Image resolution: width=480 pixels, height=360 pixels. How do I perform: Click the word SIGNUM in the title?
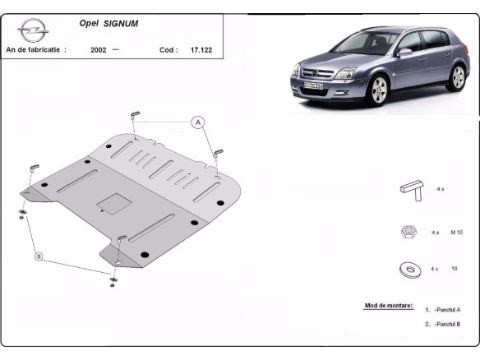coord(121,24)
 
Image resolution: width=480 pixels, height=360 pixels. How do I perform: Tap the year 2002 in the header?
coord(99,50)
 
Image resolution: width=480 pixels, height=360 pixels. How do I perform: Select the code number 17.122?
coord(201,50)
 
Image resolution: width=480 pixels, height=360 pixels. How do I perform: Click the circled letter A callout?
coord(197,123)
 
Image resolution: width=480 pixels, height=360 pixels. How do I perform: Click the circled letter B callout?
coord(38,256)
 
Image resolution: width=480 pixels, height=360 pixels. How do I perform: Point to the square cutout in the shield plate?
coord(110,201)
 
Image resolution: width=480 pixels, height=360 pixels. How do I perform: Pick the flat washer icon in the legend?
coord(408,269)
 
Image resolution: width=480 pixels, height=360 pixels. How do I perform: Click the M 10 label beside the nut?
coord(459,233)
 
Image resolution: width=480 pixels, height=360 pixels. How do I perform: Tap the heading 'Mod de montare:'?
coord(388,306)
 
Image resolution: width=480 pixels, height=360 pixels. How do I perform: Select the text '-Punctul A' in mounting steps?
coord(447,310)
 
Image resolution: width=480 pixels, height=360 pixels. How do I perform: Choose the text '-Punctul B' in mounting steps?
coord(447,325)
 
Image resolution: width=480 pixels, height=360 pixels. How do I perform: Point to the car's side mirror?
coord(404,53)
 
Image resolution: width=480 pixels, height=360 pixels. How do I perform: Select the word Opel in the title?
coord(89,24)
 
